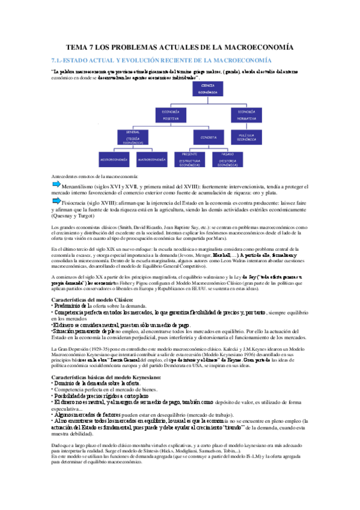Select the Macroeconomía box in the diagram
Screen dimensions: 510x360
pyautogui.click(x=151, y=161)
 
